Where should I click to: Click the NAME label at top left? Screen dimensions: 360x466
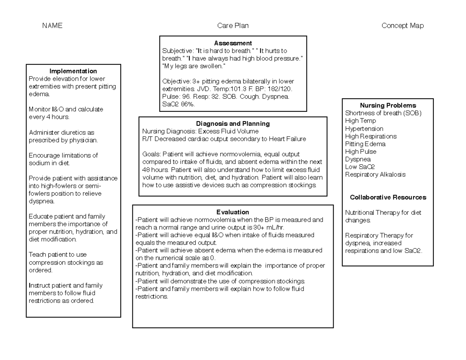coord(52,26)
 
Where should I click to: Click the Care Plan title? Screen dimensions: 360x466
coord(233,26)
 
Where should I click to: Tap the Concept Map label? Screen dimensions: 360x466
coord(403,26)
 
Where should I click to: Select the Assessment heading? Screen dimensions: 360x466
coord(233,43)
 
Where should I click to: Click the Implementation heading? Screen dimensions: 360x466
coord(73,71)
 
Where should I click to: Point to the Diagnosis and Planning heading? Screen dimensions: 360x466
coord(233,123)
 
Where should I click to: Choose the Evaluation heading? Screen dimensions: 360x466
coord(233,212)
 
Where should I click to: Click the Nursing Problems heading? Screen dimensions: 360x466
coord(388,106)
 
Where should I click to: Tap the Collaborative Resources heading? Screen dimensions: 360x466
coord(388,197)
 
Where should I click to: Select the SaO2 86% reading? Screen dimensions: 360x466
coord(179,104)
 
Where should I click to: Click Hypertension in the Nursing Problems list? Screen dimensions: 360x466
coord(364,129)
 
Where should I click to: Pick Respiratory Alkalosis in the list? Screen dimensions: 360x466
coord(375,174)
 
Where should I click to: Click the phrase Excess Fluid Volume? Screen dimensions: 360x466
coord(228,131)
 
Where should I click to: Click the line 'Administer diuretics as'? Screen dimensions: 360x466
coord(61,132)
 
